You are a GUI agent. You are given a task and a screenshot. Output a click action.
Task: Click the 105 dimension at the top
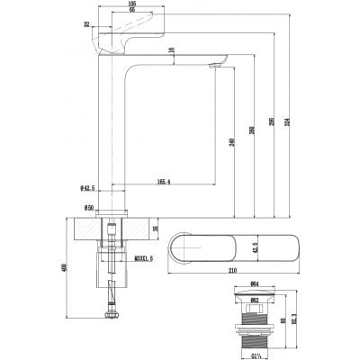(x=131, y=4)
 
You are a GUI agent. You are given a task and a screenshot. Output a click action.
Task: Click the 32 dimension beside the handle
(x=85, y=27)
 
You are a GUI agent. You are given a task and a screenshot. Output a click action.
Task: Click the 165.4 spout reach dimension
(x=163, y=183)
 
